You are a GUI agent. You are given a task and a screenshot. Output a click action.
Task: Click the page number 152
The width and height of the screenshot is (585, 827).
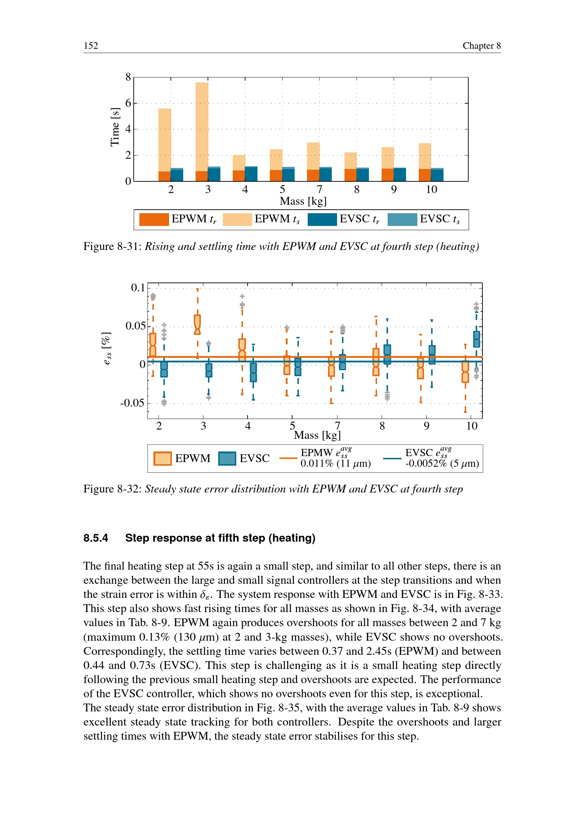(91, 46)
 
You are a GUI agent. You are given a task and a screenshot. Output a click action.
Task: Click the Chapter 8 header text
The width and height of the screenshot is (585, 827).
(481, 46)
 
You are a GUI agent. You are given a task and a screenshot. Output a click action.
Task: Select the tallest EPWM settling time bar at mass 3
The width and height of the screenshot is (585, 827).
(202, 126)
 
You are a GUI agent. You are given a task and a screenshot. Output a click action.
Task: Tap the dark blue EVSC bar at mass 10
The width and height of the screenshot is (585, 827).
(437, 175)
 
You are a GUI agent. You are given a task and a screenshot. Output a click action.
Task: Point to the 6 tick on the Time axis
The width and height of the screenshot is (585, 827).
(128, 103)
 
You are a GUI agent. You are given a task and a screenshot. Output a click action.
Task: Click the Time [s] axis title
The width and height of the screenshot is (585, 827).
(115, 127)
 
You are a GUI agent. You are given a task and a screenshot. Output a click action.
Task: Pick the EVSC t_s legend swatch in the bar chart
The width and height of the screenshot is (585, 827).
(402, 219)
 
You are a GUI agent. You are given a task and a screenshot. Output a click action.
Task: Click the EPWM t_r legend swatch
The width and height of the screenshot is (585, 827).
(154, 219)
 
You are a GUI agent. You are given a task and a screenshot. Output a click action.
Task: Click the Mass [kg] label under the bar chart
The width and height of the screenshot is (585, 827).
(303, 201)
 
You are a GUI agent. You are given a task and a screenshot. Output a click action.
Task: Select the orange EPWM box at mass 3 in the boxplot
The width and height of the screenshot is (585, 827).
(197, 324)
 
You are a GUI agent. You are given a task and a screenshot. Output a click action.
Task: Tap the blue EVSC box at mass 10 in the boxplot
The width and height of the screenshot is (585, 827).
(476, 339)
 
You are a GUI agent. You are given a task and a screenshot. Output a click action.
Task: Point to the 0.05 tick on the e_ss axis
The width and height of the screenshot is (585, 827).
(135, 326)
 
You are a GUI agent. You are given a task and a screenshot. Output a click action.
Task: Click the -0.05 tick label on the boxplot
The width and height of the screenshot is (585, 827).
(132, 403)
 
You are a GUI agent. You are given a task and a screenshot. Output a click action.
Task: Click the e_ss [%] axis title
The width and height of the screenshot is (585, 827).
(106, 349)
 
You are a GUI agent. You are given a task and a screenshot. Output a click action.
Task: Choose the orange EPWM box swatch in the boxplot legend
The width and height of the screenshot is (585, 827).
(162, 459)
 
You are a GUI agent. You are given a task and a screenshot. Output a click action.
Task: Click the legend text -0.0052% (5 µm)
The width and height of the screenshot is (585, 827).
(442, 464)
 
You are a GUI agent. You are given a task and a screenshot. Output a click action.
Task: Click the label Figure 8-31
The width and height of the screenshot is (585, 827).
(112, 246)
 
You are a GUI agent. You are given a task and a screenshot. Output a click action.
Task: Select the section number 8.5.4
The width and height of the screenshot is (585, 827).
(96, 538)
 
